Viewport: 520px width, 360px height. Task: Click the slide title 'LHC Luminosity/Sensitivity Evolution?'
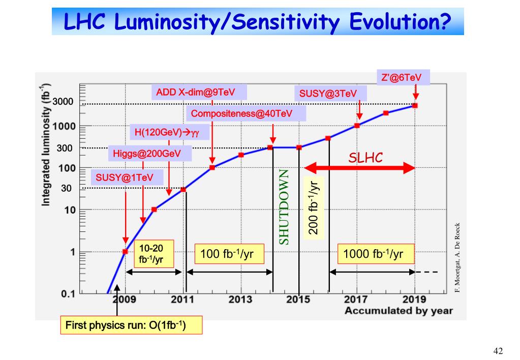pyautogui.click(x=258, y=22)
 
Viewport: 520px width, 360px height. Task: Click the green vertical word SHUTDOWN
pyautogui.click(x=284, y=206)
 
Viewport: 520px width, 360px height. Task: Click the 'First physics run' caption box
pyautogui.click(x=131, y=324)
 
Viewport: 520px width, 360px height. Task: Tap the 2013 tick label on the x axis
pyautogui.click(x=240, y=299)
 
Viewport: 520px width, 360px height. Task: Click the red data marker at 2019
pyautogui.click(x=415, y=105)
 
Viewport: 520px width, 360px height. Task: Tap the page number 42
pyautogui.click(x=498, y=351)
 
